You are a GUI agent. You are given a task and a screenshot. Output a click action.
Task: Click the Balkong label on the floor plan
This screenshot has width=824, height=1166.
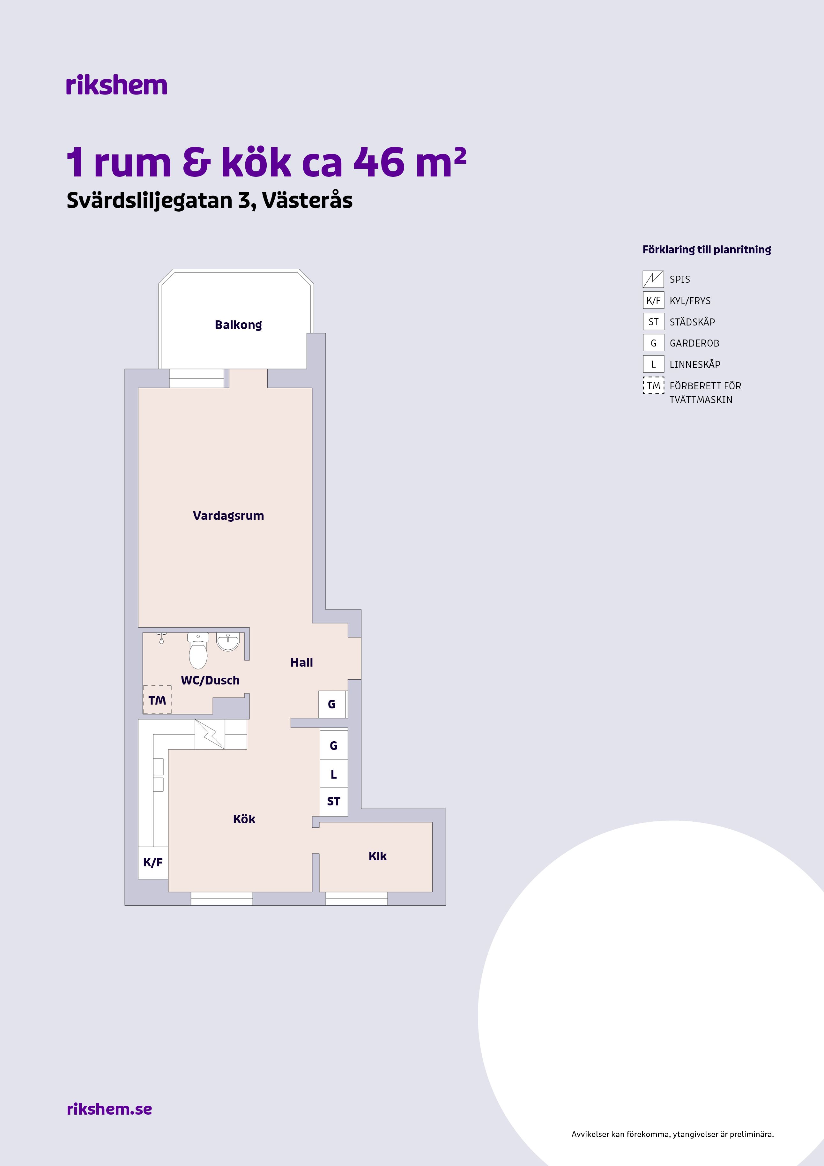coord(238,325)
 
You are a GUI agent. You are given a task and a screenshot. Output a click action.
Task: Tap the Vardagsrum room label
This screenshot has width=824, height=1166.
coord(228,516)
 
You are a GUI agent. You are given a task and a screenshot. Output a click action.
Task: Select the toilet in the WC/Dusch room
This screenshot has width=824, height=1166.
coord(198,651)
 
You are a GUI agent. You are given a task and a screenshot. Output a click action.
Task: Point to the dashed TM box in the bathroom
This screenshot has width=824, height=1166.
coord(157,700)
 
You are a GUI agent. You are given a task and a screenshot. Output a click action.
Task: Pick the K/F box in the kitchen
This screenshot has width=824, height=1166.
coord(153,862)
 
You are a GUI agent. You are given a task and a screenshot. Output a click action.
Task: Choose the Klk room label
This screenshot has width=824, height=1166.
coord(378,856)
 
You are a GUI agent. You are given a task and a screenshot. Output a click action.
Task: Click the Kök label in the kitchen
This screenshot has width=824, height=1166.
coord(244,819)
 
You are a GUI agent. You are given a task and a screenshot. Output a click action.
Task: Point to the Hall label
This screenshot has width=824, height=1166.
coord(301,663)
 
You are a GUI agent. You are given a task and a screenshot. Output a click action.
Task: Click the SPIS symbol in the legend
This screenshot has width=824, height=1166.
coord(653,279)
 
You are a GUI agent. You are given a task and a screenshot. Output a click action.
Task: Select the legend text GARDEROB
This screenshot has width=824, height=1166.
coord(694,343)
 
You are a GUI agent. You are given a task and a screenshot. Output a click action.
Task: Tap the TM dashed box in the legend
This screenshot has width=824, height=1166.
coord(653,385)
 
